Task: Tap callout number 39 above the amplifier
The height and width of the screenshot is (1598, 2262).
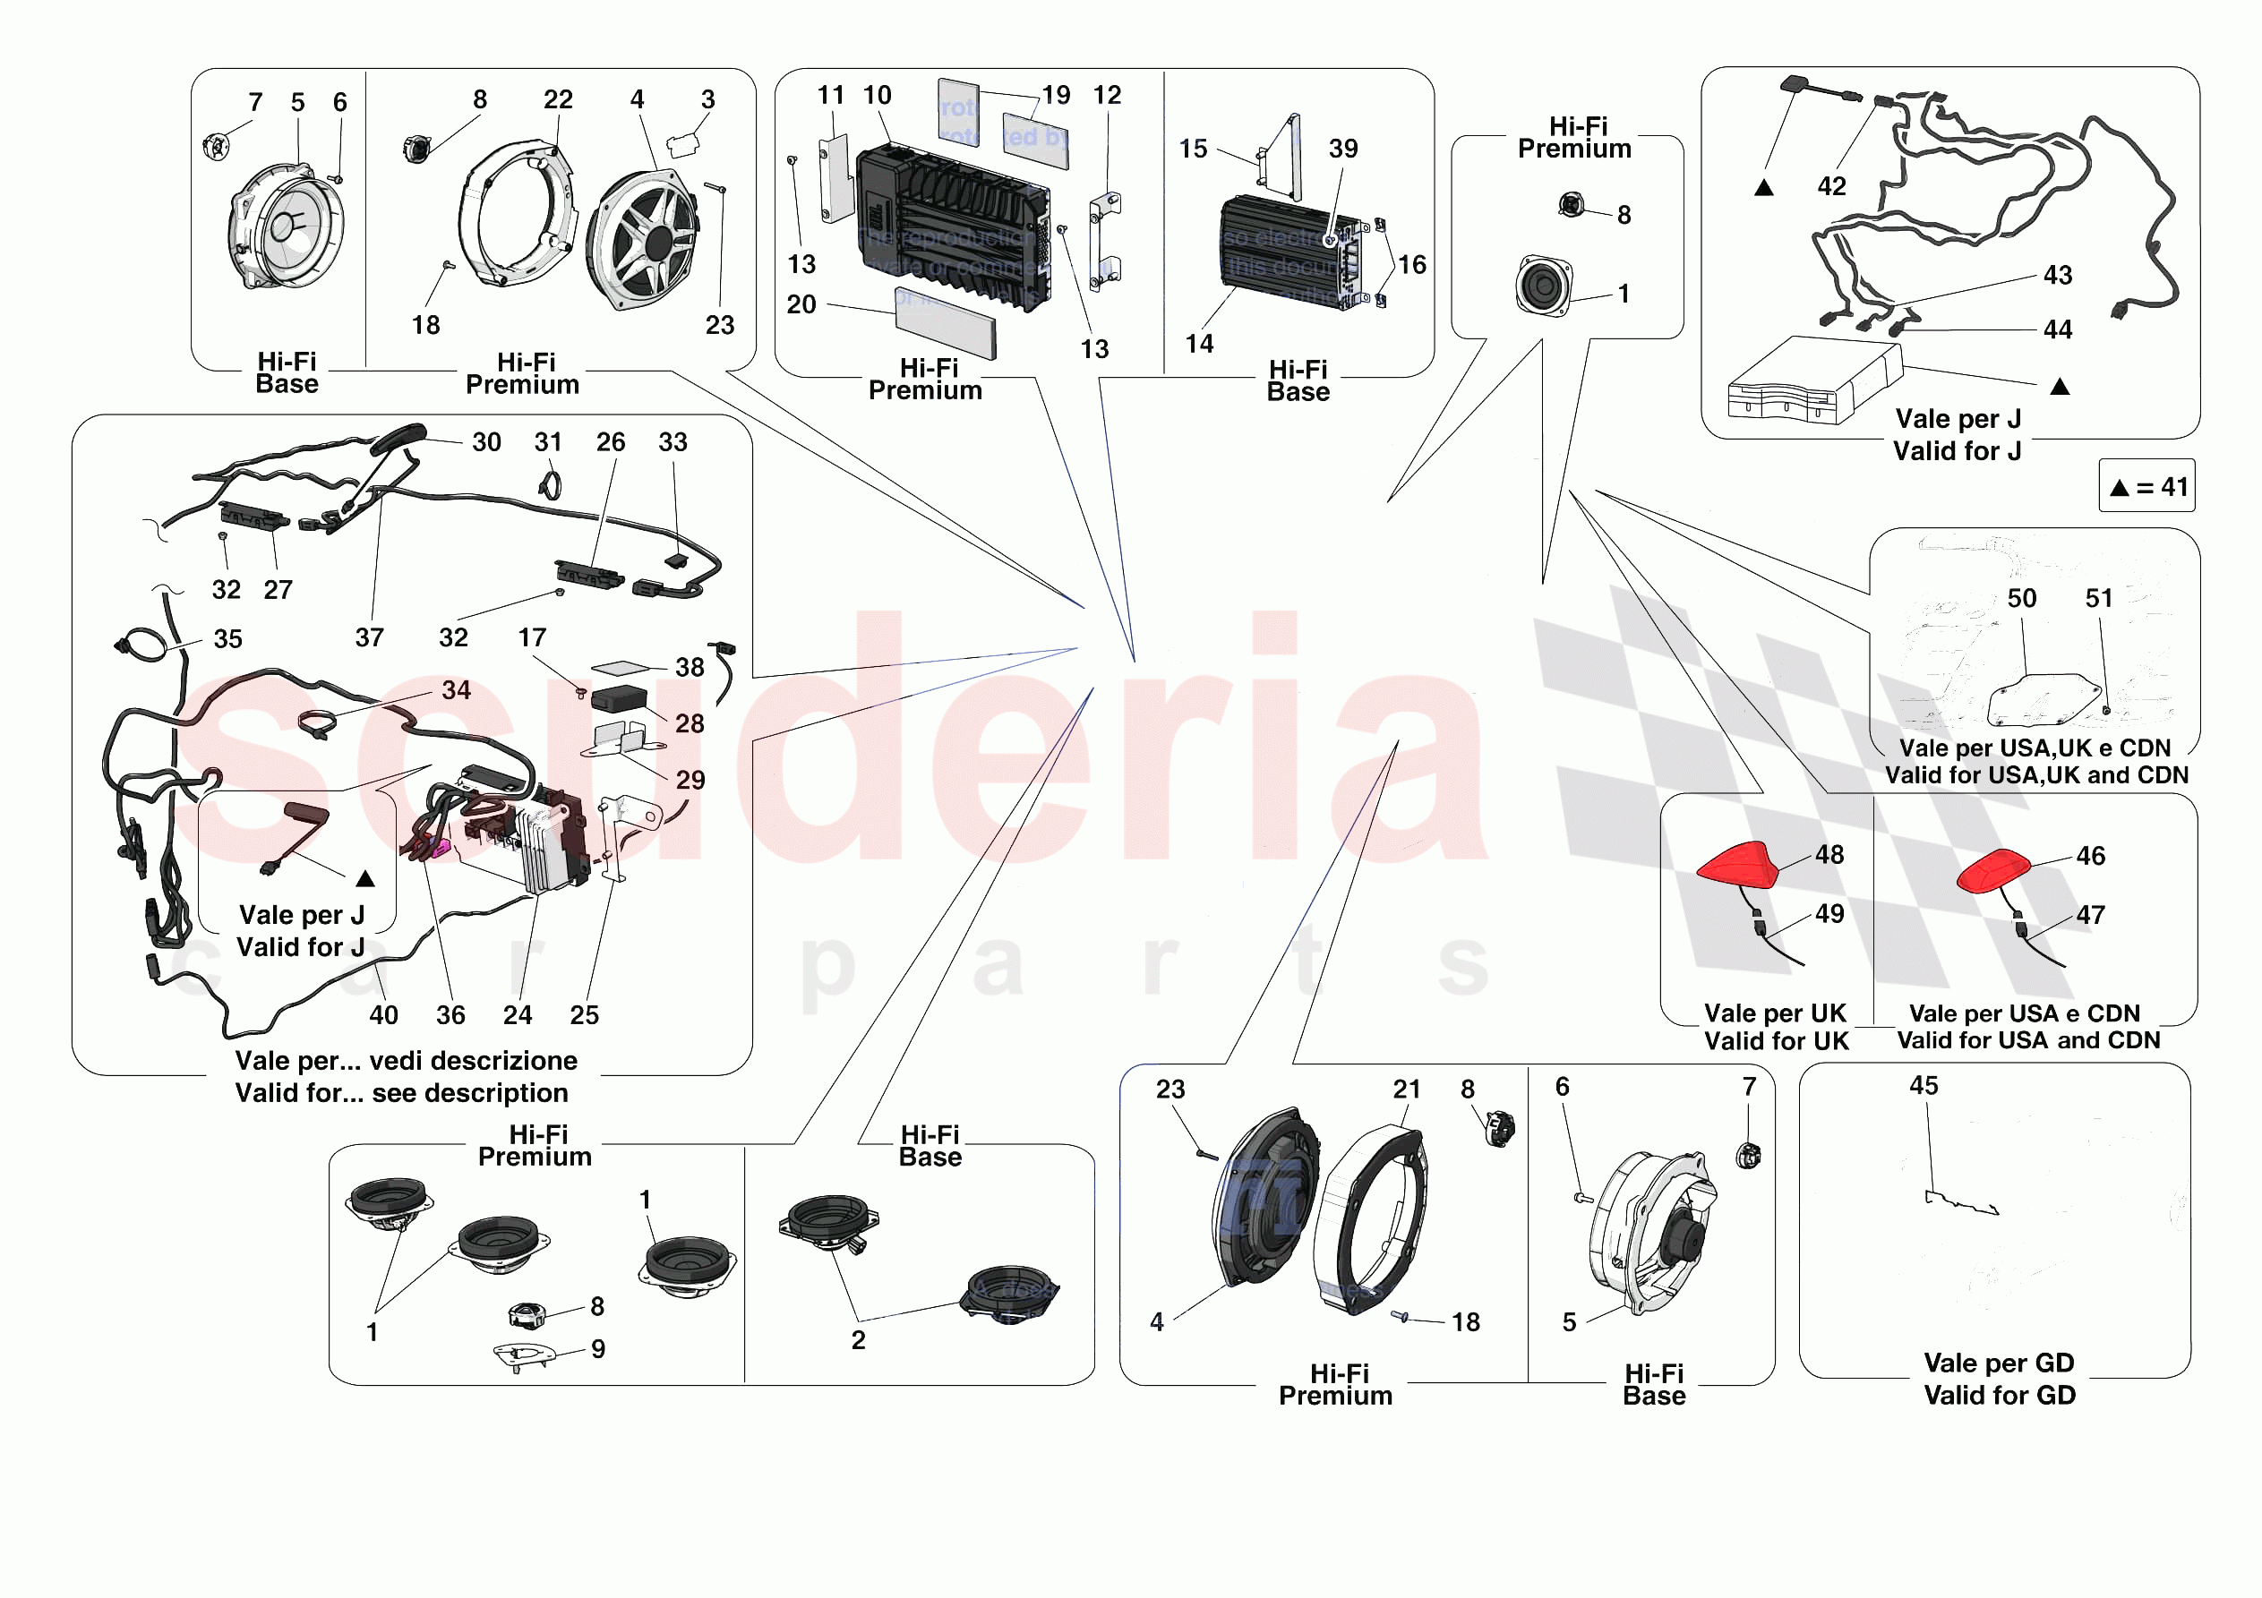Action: coord(1343,149)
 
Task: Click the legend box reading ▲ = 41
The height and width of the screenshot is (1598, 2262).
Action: coord(2146,486)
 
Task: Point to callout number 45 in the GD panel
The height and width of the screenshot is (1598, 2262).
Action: coord(1924,1085)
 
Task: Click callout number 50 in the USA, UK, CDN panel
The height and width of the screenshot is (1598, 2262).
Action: coord(2022,598)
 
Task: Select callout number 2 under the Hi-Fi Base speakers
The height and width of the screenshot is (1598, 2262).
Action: coord(858,1339)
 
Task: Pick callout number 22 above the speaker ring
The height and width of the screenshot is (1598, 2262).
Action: coord(558,99)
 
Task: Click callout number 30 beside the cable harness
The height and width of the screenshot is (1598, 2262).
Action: coord(485,441)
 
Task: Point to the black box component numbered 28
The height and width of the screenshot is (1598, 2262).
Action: coord(618,698)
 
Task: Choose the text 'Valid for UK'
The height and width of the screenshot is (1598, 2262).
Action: coord(1777,1040)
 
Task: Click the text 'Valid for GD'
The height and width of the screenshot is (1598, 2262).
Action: coord(1999,1394)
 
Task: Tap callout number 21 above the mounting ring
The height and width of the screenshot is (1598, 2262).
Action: coord(1406,1089)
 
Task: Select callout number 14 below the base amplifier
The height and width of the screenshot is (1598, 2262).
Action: coord(1199,344)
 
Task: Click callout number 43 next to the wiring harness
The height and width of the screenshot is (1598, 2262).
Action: coord(2057,275)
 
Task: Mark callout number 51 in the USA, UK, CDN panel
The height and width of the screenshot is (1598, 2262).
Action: coord(2098,598)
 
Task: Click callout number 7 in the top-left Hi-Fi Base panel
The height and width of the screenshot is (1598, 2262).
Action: coord(255,102)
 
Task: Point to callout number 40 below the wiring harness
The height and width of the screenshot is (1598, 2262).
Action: coord(383,1015)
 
